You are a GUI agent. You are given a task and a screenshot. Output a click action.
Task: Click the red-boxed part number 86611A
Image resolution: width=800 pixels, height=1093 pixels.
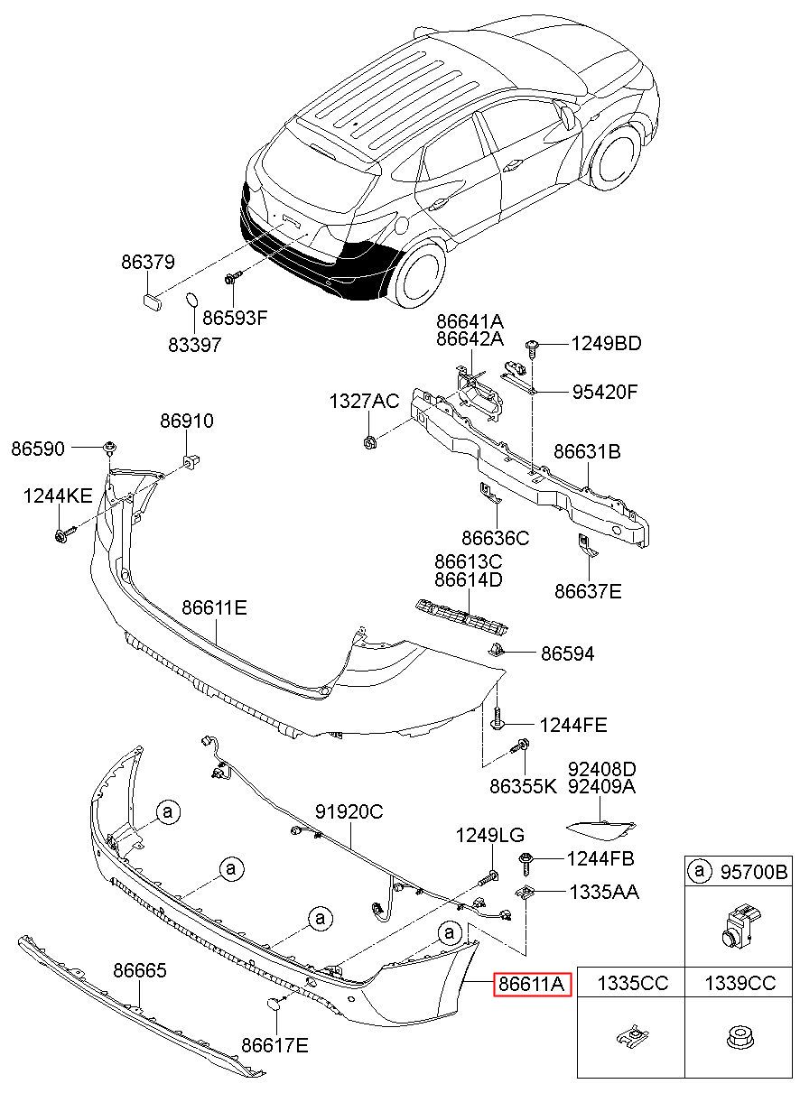pos(531,983)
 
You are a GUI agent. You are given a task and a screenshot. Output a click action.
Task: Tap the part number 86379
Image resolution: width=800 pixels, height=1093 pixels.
pos(148,262)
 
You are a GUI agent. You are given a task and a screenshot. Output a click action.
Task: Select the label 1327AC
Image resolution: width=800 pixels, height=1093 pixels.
pos(364,401)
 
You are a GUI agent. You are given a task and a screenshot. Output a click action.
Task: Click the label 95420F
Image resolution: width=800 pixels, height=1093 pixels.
pos(605,392)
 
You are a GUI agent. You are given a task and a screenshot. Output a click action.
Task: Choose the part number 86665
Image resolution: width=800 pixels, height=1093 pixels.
pos(140,970)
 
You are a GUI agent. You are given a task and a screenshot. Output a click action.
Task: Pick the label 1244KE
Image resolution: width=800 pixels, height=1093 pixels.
pos(58,496)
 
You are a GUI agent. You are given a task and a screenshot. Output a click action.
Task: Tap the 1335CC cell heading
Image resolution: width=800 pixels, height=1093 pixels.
pos(633,983)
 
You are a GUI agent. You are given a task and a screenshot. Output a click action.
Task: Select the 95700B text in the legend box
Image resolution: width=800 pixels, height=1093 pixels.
pos(754,872)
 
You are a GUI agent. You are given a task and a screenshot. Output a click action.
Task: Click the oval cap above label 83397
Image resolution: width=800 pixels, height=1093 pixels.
pos(191,299)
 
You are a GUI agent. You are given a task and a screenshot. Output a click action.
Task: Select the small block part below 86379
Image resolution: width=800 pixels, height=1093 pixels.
pos(152,298)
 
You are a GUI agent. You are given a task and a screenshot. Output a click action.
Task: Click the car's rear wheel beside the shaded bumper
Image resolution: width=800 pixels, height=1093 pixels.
pos(420,273)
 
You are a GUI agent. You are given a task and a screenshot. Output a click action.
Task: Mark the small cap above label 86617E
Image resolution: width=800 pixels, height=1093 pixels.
pos(273,1002)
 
